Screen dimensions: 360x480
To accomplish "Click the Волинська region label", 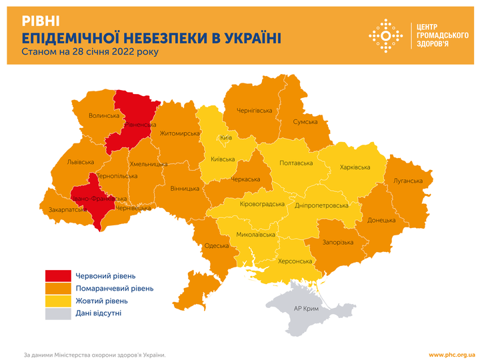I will pyautogui.click(x=103, y=115).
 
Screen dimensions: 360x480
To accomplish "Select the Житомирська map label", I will pyautogui.click(x=180, y=133).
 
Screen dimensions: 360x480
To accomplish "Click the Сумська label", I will pyautogui.click(x=306, y=123).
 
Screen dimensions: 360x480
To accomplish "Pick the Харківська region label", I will pyautogui.click(x=356, y=167).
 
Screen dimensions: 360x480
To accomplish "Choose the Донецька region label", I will pyautogui.click(x=381, y=219).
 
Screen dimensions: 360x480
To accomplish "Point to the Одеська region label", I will pyautogui.click(x=217, y=245).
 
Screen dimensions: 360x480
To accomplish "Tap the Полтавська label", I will pyautogui.click(x=295, y=163).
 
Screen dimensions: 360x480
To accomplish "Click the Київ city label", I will pyautogui.click(x=225, y=137).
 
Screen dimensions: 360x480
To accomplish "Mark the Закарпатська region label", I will pyautogui.click(x=67, y=209).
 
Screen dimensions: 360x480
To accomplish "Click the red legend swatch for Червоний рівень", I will pyautogui.click(x=57, y=276).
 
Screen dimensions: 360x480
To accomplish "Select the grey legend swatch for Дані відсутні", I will pyautogui.click(x=57, y=313).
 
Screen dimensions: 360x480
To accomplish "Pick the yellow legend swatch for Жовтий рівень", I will pyautogui.click(x=57, y=301).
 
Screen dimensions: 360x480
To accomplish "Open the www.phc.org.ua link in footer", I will pyautogui.click(x=451, y=355).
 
